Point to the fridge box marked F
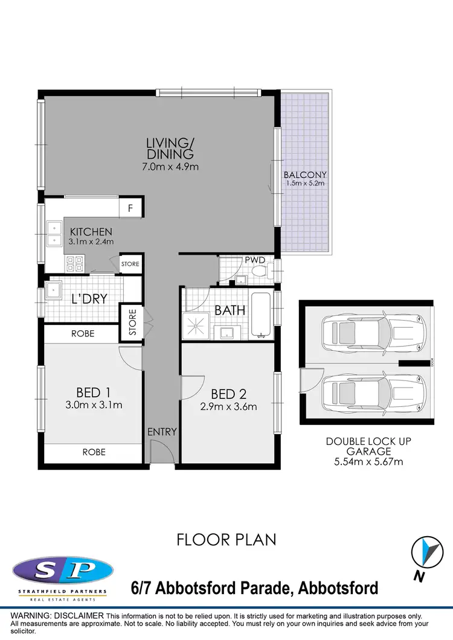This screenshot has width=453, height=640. pyautogui.click(x=130, y=208)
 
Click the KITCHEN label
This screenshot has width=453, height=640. pyautogui.click(x=91, y=232)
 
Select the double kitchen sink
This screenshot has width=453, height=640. pyautogui.click(x=54, y=234)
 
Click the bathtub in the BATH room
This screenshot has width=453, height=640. pyautogui.click(x=261, y=315)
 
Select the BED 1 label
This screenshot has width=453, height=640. pyautogui.click(x=92, y=392)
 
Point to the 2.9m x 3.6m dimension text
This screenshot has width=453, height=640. pyautogui.click(x=228, y=406)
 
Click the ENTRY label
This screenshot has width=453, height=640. pyautogui.click(x=162, y=432)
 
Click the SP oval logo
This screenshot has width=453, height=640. pyautogui.click(x=63, y=569)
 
